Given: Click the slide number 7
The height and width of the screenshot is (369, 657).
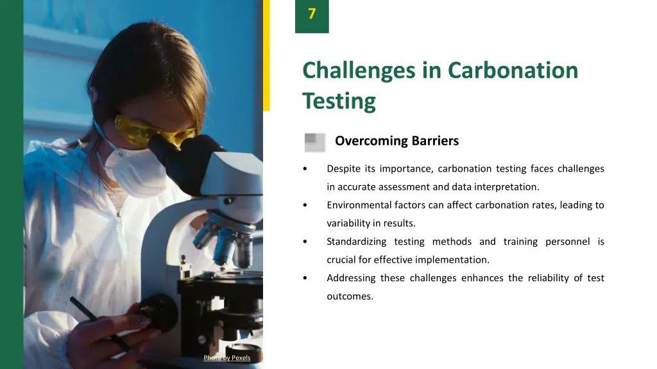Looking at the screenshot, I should tap(312, 14).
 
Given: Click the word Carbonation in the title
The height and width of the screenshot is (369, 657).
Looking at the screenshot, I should tap(513, 70).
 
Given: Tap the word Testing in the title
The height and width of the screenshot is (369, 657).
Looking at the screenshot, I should tap(339, 101).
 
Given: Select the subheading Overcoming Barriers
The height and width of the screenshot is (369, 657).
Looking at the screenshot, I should tap(397, 141).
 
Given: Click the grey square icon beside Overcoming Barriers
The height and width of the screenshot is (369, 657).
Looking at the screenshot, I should tap(314, 142).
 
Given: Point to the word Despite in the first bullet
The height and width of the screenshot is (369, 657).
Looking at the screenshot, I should tap(343, 169).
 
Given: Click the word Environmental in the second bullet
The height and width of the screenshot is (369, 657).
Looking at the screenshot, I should tap(358, 206).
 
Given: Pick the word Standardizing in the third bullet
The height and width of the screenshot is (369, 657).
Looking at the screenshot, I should tap(356, 242).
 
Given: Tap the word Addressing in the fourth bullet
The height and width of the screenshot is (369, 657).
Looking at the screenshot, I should tap(351, 278).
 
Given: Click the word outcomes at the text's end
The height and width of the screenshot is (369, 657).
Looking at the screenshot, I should tap(350, 297).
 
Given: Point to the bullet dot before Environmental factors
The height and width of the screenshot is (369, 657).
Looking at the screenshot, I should tap(305, 206).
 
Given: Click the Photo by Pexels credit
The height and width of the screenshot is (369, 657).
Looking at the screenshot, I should tap(226, 357).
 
